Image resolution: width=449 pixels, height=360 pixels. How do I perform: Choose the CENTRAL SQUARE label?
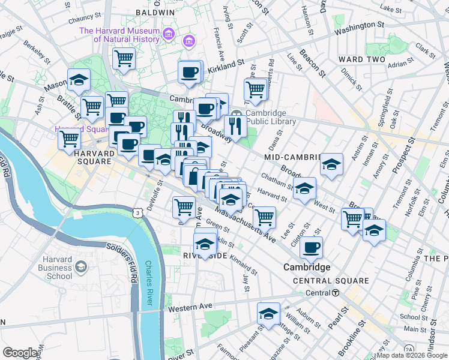click(x=331, y=281)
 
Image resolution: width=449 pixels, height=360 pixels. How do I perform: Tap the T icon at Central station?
click(x=336, y=293)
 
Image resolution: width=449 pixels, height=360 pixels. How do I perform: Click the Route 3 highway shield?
click(x=138, y=213)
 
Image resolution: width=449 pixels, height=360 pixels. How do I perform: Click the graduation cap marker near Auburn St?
click(x=268, y=313)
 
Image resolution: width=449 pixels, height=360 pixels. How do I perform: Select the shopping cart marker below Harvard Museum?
click(x=124, y=59)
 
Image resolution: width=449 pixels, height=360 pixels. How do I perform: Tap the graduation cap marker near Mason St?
click(x=78, y=80)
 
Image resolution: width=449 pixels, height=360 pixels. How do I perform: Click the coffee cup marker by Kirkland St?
click(x=190, y=73)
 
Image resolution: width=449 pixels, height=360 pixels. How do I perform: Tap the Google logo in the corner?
click(x=20, y=353)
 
